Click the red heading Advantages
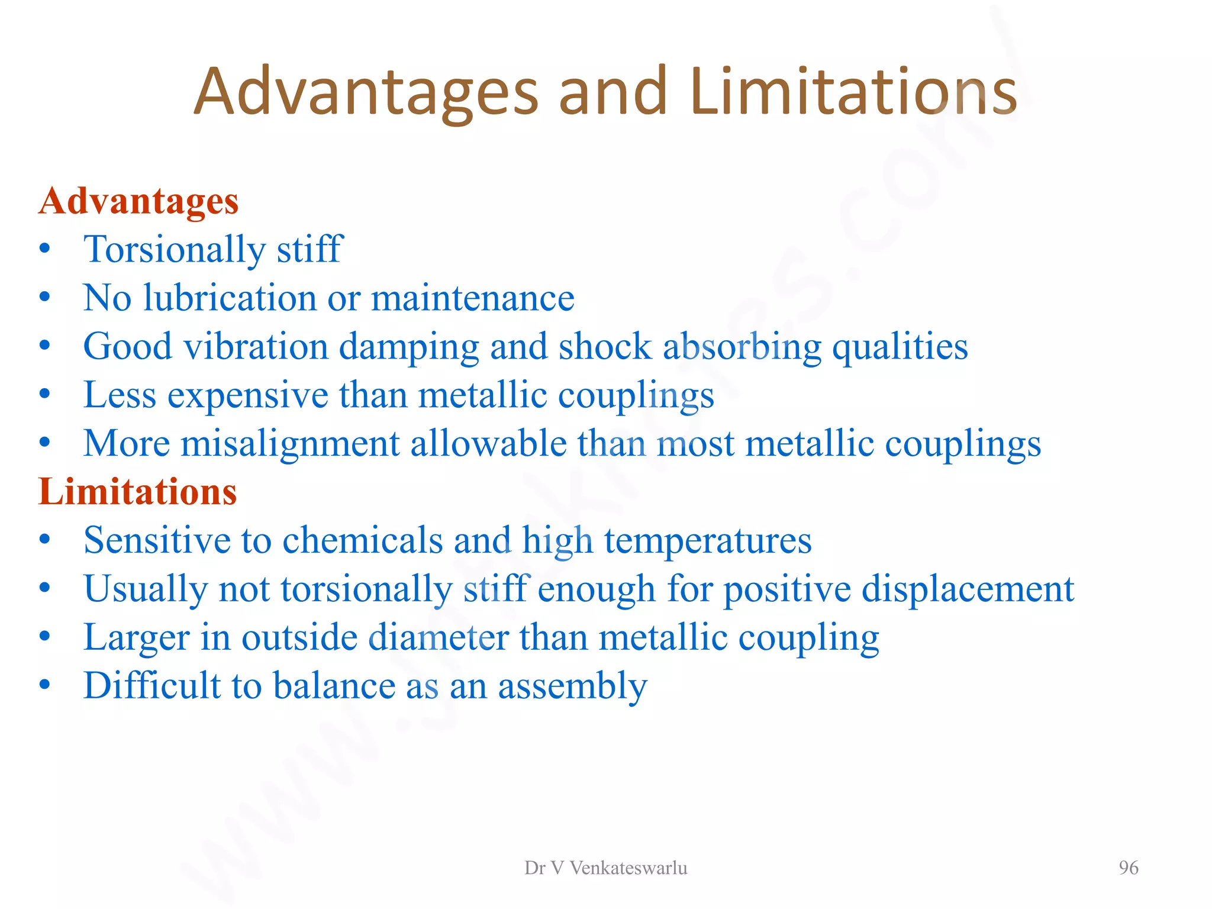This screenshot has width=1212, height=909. (x=138, y=202)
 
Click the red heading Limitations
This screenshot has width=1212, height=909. (x=137, y=492)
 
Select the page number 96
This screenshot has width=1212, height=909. (x=1128, y=868)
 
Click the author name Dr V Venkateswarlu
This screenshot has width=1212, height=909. (x=605, y=868)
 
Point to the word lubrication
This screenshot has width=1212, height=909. (x=230, y=297)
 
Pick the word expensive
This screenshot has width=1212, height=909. (x=247, y=395)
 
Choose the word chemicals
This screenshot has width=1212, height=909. (x=362, y=540)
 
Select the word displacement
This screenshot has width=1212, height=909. (x=968, y=589)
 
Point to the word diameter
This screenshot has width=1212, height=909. (x=439, y=637)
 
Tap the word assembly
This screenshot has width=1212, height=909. (x=572, y=686)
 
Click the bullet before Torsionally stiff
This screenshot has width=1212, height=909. (x=45, y=249)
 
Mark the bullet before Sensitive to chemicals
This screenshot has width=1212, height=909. (x=45, y=540)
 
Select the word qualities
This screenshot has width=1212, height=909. (x=900, y=347)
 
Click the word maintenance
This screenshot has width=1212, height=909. (x=472, y=297)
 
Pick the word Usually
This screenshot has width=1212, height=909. (x=146, y=589)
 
